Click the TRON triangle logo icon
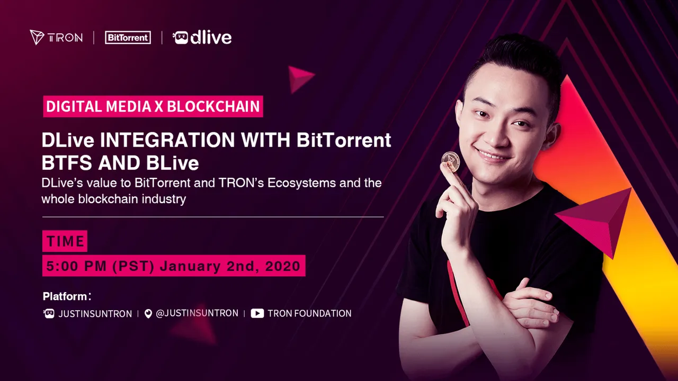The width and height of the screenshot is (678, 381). click(x=37, y=37)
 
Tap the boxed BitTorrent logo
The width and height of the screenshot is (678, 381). click(x=128, y=38)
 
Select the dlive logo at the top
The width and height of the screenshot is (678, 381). click(x=202, y=38)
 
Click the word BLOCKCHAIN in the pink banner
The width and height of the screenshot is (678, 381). click(x=213, y=106)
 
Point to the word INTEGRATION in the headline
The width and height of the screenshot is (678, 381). click(x=167, y=140)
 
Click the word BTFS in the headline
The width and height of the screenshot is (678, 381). click(x=67, y=163)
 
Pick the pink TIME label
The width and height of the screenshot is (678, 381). click(x=65, y=241)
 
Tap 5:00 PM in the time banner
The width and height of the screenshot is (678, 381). click(x=76, y=266)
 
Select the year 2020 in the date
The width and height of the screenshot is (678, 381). click(x=282, y=266)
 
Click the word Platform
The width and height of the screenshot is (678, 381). click(x=65, y=296)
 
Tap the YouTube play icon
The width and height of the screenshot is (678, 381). click(x=257, y=313)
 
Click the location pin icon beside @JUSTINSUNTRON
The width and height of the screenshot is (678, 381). click(x=148, y=314)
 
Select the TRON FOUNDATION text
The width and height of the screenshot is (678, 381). click(x=309, y=314)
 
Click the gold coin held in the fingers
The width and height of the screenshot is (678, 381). click(x=450, y=161)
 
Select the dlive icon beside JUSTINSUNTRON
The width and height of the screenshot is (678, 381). click(x=49, y=314)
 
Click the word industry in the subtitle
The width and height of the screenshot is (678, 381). click(x=164, y=199)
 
